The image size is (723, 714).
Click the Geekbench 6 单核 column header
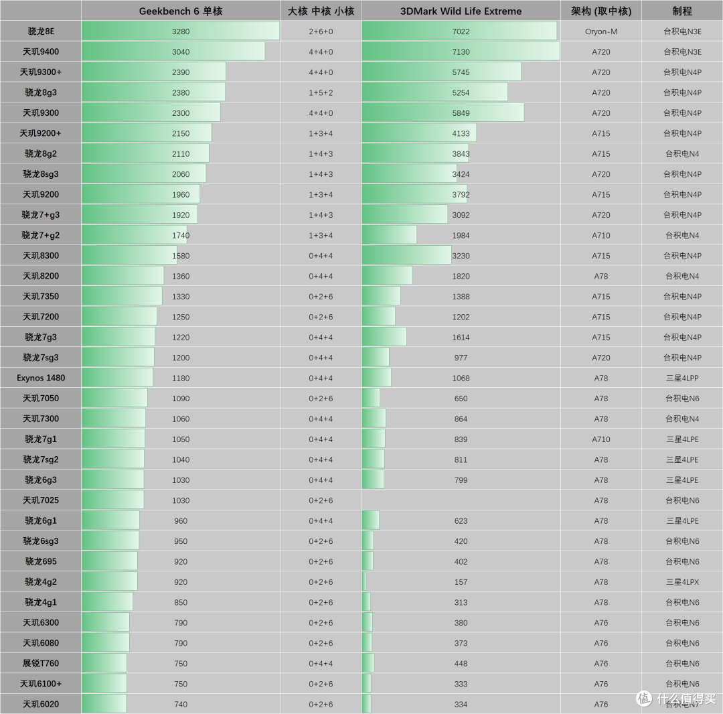click(x=181, y=11)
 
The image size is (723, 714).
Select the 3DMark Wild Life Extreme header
click(x=461, y=11)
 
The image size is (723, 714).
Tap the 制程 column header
click(x=682, y=11)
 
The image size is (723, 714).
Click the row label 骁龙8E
click(x=41, y=31)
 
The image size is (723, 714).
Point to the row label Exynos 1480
click(x=41, y=378)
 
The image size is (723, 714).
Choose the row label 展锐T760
click(x=41, y=663)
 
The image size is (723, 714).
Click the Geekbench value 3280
click(x=181, y=31)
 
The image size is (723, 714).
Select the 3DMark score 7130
click(x=461, y=52)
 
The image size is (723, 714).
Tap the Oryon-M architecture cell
click(x=601, y=31)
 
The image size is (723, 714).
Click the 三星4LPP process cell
click(x=682, y=378)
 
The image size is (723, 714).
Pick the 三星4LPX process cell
click(x=682, y=582)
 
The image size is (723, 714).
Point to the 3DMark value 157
click(x=461, y=582)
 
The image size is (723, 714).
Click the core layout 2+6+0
click(x=321, y=31)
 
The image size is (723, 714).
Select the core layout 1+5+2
click(x=321, y=92)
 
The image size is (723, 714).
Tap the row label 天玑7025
click(x=41, y=500)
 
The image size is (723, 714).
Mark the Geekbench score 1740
click(x=181, y=235)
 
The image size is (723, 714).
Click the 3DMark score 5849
click(x=461, y=113)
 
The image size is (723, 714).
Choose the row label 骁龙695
click(x=41, y=561)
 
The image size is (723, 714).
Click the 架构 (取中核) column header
click(x=601, y=11)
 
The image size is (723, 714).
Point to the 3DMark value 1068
click(x=461, y=378)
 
